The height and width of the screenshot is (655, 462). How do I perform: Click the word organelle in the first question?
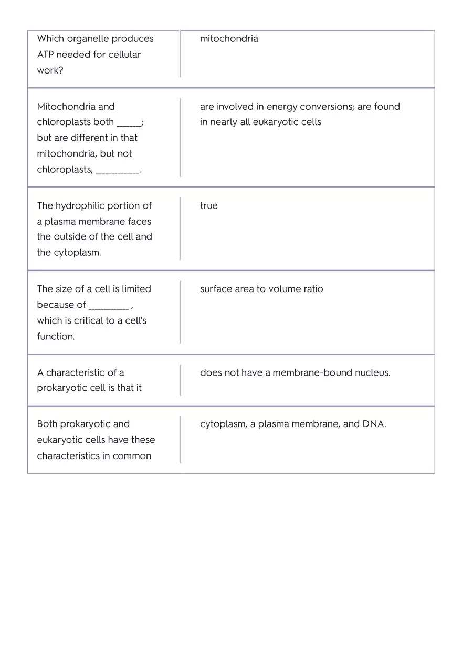pyautogui.click(x=88, y=39)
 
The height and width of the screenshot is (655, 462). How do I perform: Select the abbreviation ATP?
pyautogui.click(x=45, y=55)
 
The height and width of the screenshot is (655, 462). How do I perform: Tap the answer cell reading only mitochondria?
pyautogui.click(x=229, y=39)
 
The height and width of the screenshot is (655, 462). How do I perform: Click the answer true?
pyautogui.click(x=208, y=206)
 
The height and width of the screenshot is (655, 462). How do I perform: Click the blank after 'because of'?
pyautogui.click(x=109, y=305)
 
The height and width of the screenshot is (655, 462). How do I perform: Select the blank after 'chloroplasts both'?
pyautogui.click(x=129, y=122)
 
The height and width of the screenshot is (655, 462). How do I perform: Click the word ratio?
pyautogui.click(x=313, y=289)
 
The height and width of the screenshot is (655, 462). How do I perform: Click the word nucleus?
pyautogui.click(x=372, y=373)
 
